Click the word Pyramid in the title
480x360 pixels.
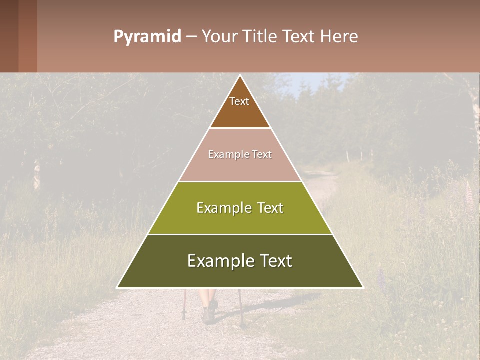[147, 37]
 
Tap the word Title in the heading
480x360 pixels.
[262, 36]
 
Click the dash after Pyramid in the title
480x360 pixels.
[191, 37]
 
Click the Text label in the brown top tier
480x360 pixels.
[239, 101]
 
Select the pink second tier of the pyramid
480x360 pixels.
[240, 167]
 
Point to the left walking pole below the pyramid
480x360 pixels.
[184, 305]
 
